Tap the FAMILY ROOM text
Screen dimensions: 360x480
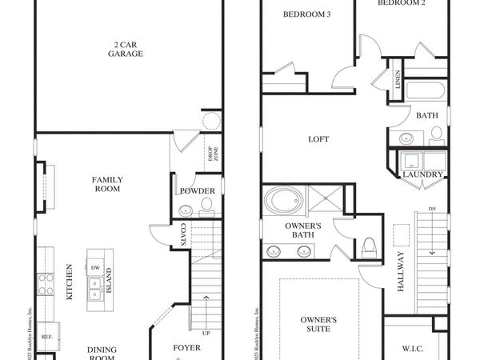coord(106,185)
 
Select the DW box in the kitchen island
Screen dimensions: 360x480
coord(95,268)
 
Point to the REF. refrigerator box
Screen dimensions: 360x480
coord(46,336)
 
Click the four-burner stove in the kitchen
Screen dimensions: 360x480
coord(46,285)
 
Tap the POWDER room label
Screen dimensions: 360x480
coord(196,191)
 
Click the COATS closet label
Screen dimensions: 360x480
coord(183,234)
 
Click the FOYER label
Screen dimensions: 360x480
coord(187,348)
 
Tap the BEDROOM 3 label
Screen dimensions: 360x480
coord(307,14)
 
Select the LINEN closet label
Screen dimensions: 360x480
coord(397,81)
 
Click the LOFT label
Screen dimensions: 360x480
coord(318,139)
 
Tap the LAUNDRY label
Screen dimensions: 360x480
coord(418,174)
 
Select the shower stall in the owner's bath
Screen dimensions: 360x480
coord(326,199)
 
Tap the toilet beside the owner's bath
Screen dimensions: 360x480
coord(370,246)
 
